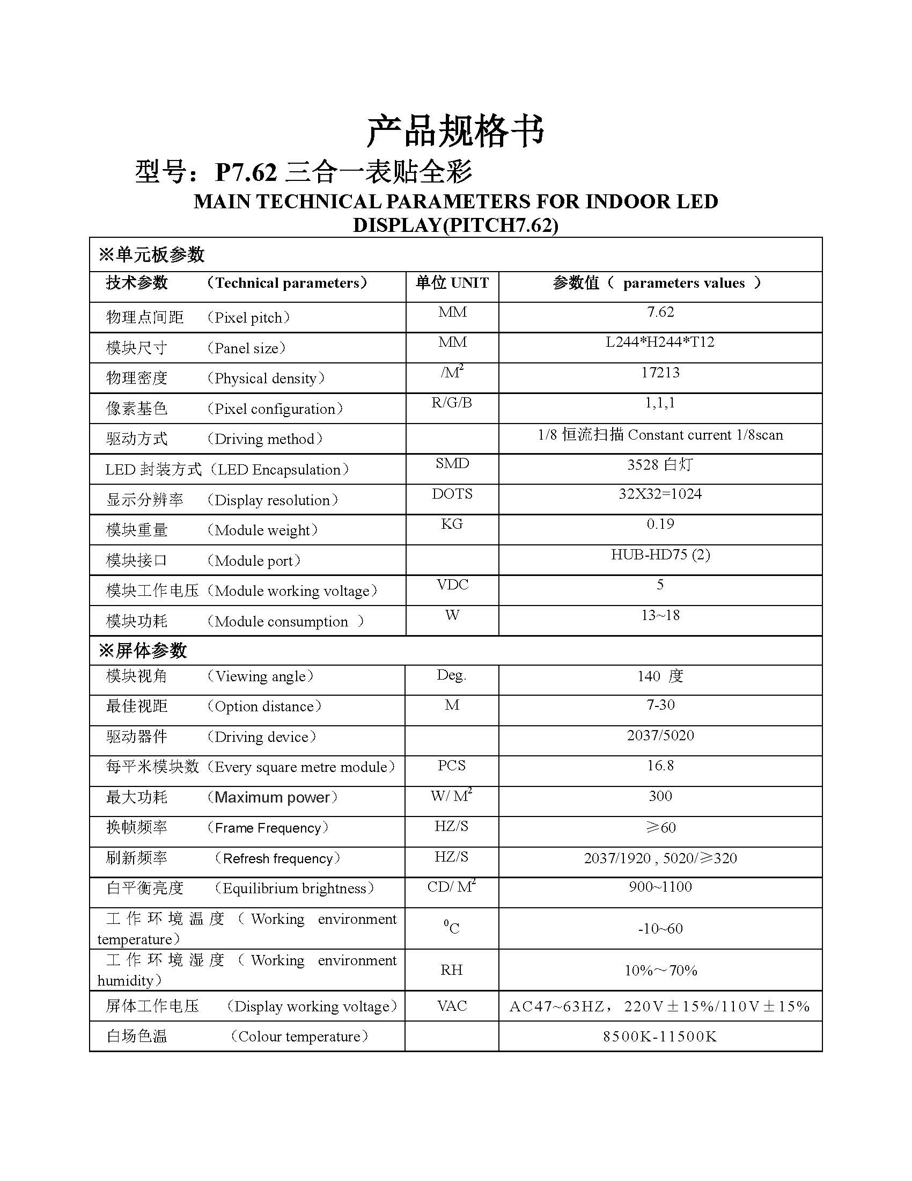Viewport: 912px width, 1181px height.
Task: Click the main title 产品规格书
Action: pos(455,132)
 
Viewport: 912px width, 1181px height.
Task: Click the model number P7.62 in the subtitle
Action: pos(246,172)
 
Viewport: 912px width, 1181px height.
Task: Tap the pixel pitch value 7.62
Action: pos(660,312)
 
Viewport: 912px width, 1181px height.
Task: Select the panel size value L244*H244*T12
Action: pos(660,342)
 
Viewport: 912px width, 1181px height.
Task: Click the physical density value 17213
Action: pos(660,373)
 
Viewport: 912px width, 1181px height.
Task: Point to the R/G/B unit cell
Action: pos(452,403)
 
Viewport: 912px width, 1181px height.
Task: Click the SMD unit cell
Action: pos(452,463)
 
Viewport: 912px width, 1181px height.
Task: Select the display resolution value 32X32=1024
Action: pos(660,494)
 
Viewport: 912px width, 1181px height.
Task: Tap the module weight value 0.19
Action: pos(660,524)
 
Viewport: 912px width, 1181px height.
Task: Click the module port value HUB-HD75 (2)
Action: pos(660,555)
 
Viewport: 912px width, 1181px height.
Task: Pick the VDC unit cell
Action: pos(452,585)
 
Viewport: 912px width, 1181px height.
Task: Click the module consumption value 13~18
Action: pos(660,615)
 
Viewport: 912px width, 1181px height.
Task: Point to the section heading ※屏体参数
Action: pos(143,651)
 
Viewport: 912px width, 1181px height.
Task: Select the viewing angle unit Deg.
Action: pos(452,675)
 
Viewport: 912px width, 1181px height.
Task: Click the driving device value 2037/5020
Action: pos(660,735)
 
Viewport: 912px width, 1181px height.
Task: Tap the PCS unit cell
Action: pos(452,766)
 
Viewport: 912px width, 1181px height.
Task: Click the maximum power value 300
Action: pos(660,796)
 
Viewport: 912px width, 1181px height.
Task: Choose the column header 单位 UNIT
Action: pos(452,283)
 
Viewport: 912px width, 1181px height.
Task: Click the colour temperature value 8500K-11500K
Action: pos(660,1037)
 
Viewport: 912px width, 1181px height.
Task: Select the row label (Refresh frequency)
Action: pos(277,859)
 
